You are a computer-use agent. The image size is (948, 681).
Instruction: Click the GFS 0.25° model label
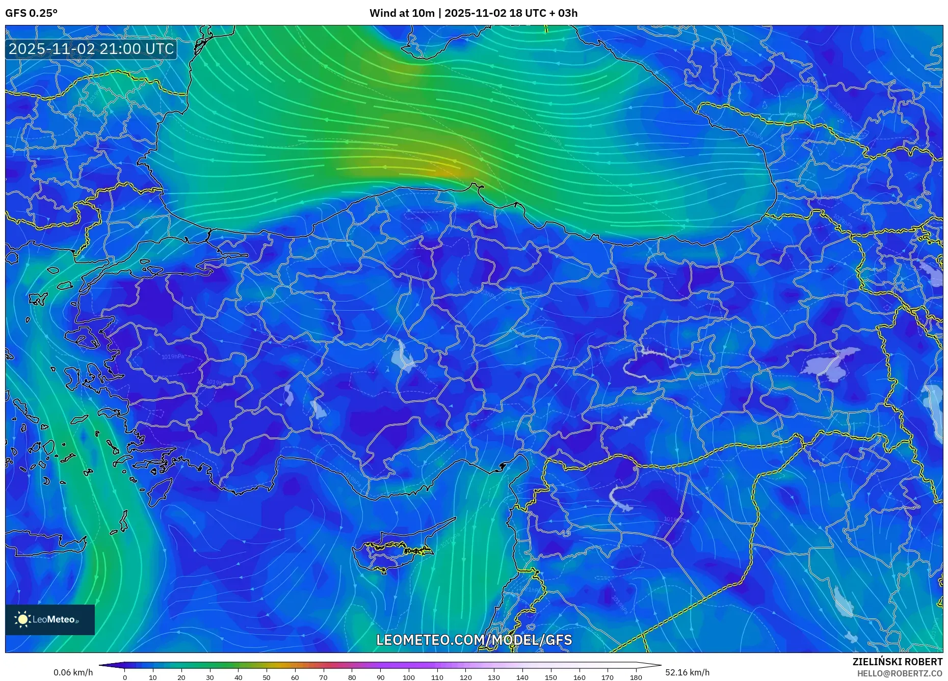31,13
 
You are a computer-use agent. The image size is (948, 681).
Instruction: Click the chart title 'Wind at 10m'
402,13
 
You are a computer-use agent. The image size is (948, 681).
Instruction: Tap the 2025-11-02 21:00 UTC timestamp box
91,49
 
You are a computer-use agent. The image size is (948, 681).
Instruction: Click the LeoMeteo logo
50,619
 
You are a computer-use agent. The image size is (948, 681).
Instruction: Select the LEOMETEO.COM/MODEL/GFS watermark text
474,640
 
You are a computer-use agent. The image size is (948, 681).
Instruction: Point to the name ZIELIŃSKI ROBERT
897,662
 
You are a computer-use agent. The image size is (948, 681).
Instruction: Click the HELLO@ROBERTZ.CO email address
900,673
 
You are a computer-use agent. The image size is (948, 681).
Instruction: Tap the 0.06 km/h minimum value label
73,672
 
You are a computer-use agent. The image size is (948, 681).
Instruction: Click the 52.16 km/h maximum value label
687,672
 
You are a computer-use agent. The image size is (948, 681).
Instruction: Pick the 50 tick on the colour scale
267,677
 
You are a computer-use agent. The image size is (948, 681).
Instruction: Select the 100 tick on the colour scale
409,677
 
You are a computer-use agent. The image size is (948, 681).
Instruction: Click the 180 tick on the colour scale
636,677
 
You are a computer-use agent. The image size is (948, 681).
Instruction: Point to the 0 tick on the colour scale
125,677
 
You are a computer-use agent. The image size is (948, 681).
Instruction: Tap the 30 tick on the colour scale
210,677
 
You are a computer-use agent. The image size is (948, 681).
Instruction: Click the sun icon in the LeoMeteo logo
23,619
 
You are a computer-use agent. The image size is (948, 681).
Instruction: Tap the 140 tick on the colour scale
522,677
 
